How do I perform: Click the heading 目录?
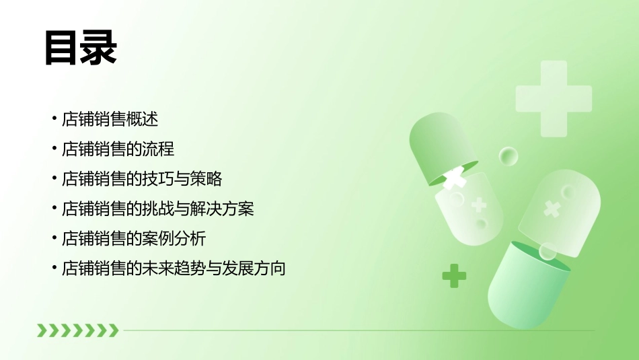(x=81, y=49)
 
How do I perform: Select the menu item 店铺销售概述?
(x=110, y=120)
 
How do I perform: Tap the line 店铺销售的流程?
(x=118, y=149)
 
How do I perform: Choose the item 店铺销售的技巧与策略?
(x=141, y=179)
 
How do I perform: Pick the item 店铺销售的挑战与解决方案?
(x=157, y=209)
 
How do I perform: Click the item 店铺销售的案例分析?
(x=133, y=239)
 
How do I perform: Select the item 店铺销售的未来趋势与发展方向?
(x=174, y=268)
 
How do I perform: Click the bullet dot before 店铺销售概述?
(x=54, y=120)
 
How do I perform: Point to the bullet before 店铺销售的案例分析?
(x=54, y=239)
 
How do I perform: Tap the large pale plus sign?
(x=554, y=98)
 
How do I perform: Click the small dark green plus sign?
(x=454, y=275)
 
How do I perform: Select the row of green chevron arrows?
(x=77, y=330)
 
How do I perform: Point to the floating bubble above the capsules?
(x=509, y=157)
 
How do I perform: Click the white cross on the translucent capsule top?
(x=552, y=208)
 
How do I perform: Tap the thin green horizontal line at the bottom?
(x=356, y=330)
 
